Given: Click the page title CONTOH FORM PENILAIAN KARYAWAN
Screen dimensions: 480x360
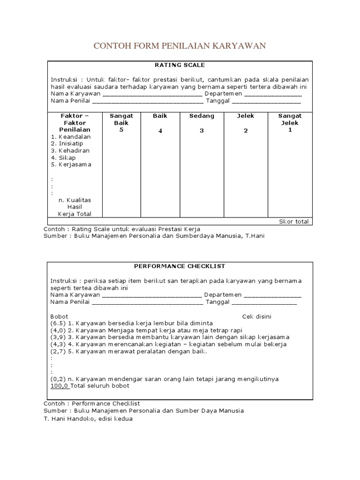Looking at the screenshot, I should [x=180, y=45].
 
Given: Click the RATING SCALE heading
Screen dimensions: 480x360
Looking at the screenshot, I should [x=180, y=65].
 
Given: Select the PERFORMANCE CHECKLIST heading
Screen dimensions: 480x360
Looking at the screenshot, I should [x=180, y=266].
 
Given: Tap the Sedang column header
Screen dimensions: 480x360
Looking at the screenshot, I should [x=202, y=116].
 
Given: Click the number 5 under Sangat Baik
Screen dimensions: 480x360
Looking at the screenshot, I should [x=121, y=130].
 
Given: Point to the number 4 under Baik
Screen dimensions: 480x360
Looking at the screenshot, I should [x=160, y=131].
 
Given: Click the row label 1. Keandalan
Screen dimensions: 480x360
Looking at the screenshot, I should [x=71, y=137].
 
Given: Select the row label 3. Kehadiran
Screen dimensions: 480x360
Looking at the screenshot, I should [x=70, y=151].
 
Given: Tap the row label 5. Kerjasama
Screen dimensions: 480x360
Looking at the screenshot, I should [x=71, y=165].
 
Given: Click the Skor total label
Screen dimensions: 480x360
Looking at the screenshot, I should [x=293, y=221].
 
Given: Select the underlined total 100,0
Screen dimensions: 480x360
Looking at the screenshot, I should [x=60, y=386].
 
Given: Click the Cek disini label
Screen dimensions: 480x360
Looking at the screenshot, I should [x=256, y=316].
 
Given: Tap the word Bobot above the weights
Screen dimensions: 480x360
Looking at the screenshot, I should [x=59, y=316].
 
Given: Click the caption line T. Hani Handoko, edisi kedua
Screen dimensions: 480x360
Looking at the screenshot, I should [x=88, y=419].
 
